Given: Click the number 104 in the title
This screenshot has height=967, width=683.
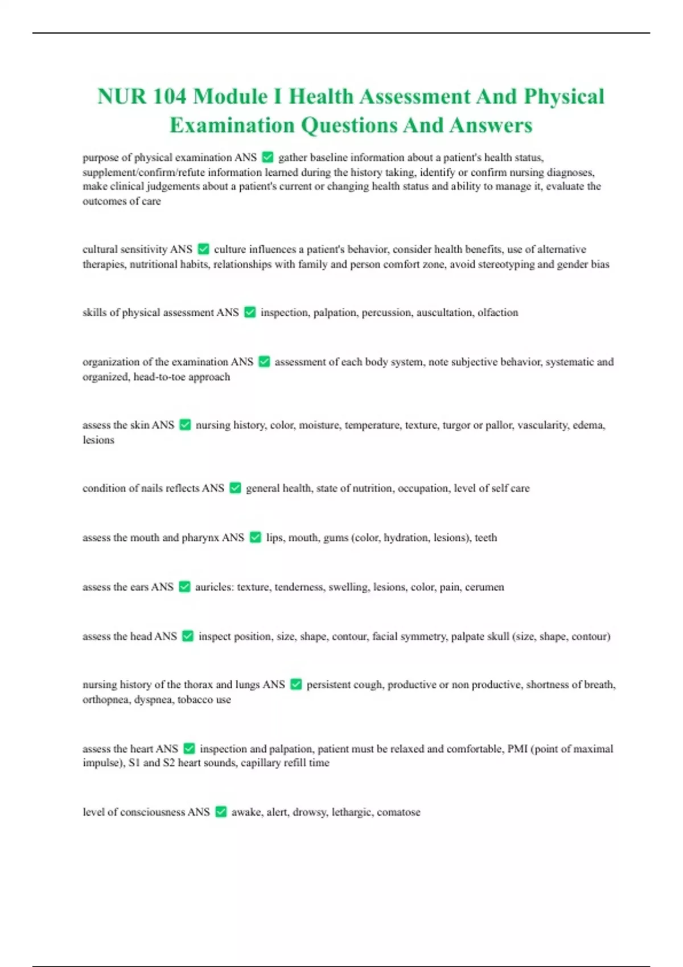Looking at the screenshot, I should click(x=169, y=96).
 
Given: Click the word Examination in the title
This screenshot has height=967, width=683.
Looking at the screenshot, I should click(x=232, y=125).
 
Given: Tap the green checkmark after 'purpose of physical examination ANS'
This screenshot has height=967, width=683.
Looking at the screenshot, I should click(x=267, y=157).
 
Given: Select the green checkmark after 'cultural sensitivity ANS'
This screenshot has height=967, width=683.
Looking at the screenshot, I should click(x=203, y=249).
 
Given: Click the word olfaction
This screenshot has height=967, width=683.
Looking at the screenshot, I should click(x=498, y=312).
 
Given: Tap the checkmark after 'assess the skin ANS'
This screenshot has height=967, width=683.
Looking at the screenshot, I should click(x=185, y=425).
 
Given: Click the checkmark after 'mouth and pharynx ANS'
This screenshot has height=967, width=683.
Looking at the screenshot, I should click(x=256, y=538).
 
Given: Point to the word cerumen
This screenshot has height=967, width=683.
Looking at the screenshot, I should click(x=484, y=587).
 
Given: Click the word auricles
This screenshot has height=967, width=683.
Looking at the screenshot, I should click(x=214, y=587).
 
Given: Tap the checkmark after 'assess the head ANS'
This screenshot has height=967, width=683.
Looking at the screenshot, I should click(x=188, y=637).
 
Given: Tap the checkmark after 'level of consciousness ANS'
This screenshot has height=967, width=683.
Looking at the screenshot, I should click(x=221, y=812).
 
